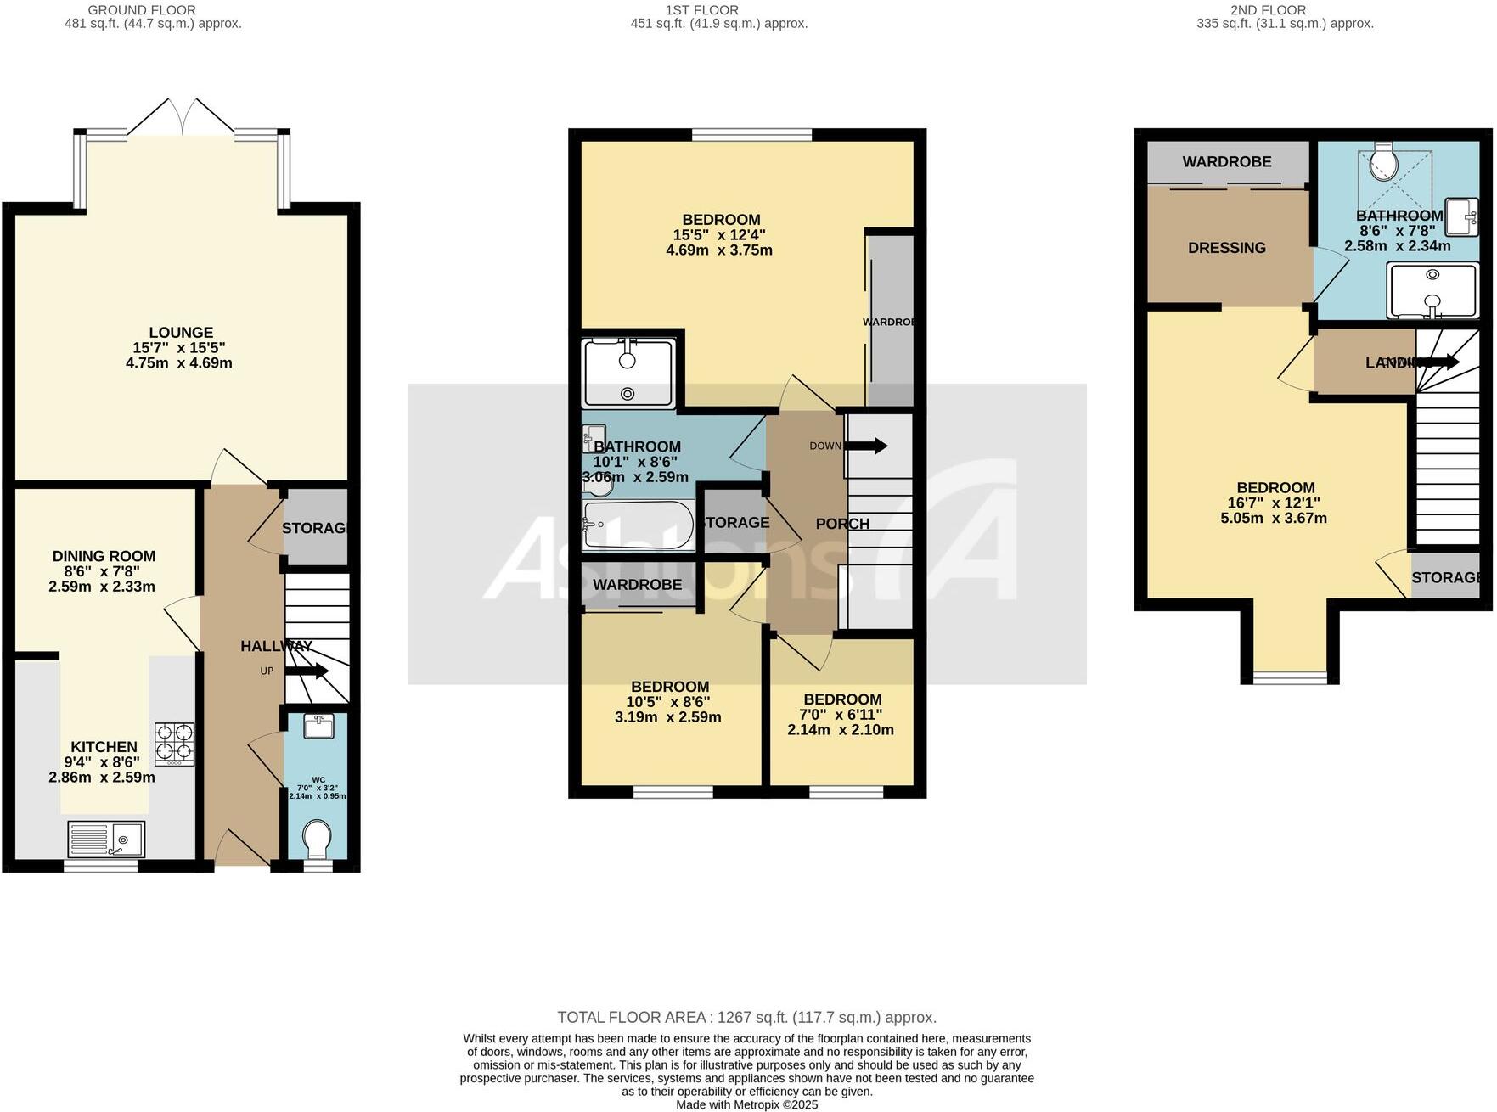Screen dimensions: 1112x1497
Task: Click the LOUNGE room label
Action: pos(180,333)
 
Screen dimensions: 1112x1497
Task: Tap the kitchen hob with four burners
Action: pos(174,744)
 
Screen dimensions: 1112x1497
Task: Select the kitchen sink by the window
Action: pos(106,839)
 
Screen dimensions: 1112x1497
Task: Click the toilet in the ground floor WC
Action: pos(318,840)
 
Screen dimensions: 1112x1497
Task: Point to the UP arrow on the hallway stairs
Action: pos(307,671)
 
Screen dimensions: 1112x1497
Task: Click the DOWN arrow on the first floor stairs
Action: pos(867,446)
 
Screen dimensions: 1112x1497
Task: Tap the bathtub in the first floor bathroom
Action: pos(638,524)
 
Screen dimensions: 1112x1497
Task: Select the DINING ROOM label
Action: pos(104,557)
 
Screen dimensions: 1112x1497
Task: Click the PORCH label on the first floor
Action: pos(842,524)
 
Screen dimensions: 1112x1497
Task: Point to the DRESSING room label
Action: pos(1226,248)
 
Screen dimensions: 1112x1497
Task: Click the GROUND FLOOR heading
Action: pos(142,10)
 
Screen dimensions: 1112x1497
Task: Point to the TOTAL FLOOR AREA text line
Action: pos(746,1017)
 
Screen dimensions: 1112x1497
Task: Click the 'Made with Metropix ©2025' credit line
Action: pos(746,1104)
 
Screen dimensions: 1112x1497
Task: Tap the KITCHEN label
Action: pos(104,747)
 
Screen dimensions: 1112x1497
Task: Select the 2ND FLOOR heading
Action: pos(1267,10)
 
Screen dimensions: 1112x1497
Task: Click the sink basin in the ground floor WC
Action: pos(318,726)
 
